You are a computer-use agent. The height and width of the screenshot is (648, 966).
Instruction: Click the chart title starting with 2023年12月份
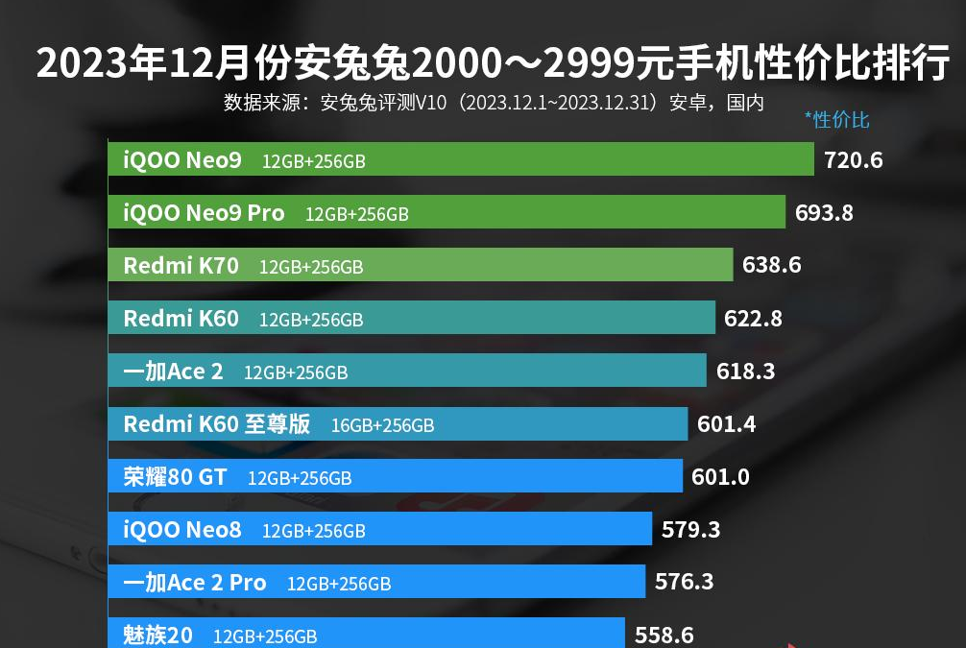coord(493,64)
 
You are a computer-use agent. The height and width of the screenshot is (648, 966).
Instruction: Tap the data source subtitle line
coord(494,103)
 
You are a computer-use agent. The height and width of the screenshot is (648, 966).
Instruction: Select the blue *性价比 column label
coord(837,120)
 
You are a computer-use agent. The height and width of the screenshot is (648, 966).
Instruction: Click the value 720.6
coord(853,160)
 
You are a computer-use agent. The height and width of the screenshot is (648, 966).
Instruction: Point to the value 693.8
coord(824,213)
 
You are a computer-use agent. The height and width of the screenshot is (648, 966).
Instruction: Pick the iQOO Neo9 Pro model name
coord(204,213)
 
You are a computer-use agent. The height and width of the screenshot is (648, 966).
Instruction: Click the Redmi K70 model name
coord(181,266)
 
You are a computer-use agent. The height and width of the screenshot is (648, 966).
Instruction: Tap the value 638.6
coord(771,266)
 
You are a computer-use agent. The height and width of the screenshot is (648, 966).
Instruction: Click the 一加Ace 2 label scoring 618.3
coord(173,372)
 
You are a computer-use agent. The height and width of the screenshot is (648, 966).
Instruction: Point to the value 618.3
coord(745,372)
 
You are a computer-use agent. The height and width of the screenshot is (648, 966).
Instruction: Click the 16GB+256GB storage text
coord(382,424)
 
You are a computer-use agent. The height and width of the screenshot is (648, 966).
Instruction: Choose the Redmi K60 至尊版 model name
coord(216,423)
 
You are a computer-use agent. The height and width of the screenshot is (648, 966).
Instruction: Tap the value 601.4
coord(726,424)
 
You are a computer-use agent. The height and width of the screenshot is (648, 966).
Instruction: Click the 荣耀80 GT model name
coord(175,476)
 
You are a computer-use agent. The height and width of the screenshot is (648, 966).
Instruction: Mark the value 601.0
coord(720,476)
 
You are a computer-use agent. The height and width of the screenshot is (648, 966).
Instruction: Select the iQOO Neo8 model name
coord(182,529)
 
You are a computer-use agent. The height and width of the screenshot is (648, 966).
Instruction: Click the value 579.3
coord(690,529)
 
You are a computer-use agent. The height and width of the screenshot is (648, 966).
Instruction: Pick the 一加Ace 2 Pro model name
coord(195,582)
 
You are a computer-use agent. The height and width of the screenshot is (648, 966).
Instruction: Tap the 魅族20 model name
coord(157,635)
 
